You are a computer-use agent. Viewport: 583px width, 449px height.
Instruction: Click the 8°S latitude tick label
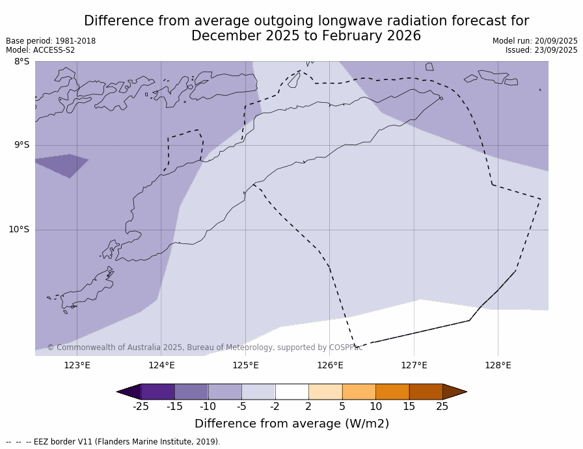point(21,62)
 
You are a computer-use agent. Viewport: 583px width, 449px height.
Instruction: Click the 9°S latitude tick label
point(21,145)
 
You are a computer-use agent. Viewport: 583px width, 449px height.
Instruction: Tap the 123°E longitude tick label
point(77,365)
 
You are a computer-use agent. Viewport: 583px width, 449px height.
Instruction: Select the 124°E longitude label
point(161,365)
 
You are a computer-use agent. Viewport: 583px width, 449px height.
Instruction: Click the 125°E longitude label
point(245,365)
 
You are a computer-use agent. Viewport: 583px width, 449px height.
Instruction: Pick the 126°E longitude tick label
point(330,365)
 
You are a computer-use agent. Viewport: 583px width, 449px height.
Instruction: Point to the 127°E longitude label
point(414,365)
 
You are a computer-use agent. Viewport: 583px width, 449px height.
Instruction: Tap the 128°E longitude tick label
point(498,365)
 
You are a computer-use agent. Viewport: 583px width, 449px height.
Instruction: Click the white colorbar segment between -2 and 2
point(291,392)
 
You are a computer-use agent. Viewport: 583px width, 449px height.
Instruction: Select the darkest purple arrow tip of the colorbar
point(129,392)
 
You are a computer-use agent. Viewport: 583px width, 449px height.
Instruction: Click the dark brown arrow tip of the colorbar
point(454,392)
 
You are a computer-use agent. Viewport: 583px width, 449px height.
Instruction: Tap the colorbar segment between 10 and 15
point(392,392)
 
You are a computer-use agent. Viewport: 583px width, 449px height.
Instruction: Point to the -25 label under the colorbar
point(141,407)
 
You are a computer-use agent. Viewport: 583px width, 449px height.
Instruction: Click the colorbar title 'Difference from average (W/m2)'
point(291,424)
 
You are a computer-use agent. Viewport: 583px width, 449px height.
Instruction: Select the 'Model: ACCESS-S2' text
point(40,50)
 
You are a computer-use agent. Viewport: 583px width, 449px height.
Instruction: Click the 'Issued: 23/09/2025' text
point(541,50)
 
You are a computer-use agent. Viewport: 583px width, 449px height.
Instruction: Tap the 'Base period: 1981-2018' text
point(51,41)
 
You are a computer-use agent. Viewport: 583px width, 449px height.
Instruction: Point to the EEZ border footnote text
point(113,442)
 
